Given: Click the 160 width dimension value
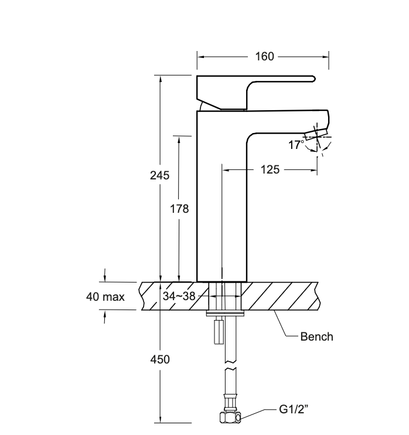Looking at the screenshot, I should coord(265,57).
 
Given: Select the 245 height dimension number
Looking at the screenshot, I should coord(159,175).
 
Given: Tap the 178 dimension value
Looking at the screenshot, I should coord(179,209).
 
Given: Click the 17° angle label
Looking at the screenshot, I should coord(295,144).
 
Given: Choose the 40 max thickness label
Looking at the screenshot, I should coord(105,297).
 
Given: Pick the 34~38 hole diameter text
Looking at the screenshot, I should coord(179,296).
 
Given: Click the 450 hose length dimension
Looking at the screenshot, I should coord(159,359).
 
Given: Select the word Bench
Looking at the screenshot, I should coord(316,337).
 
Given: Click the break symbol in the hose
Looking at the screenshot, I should coord(230,369).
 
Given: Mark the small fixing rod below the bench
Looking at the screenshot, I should coord(219,332).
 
